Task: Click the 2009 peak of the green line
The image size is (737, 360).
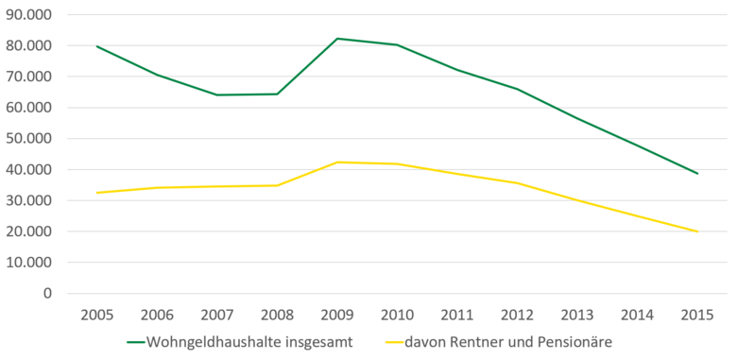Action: point(337,39)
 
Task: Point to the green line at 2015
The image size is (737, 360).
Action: point(697,173)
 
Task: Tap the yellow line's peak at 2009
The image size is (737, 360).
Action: point(337,162)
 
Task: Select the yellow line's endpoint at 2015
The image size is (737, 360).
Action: point(697,231)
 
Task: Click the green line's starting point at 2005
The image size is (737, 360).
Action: point(97,46)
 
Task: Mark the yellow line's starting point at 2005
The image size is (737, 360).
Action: point(97,193)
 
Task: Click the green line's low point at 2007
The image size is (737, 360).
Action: point(217,94)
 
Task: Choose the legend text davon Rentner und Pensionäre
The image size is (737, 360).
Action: point(515,342)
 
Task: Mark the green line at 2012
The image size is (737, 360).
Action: point(517,89)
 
